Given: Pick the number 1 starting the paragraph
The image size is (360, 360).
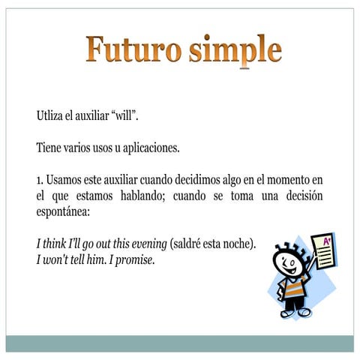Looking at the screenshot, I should (x=39, y=180).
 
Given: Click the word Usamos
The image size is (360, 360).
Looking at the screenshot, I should (x=65, y=180).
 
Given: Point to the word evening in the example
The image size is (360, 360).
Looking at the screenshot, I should (x=147, y=244).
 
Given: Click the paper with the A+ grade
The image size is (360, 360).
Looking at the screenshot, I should (x=324, y=252).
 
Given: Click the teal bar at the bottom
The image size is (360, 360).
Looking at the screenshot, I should (x=180, y=343).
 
